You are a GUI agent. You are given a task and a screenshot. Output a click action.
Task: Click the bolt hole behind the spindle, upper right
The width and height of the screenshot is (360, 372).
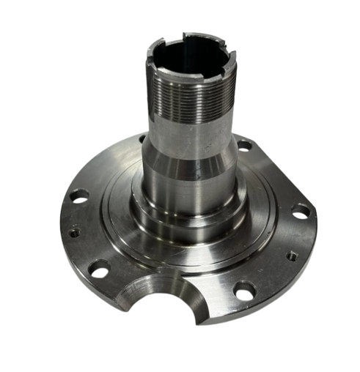246,146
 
